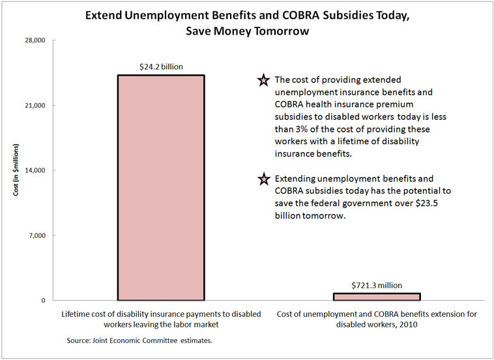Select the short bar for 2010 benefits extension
[x=377, y=297]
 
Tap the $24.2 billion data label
[x=161, y=67]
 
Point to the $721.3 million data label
[x=377, y=285]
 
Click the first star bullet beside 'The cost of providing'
[x=263, y=81]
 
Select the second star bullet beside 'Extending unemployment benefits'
[x=263, y=179]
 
